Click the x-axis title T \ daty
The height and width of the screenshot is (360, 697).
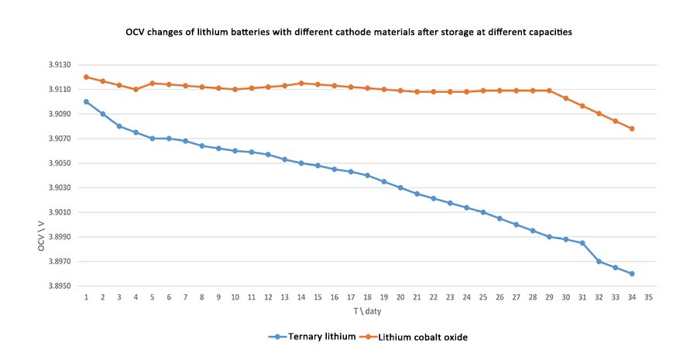click(x=367, y=311)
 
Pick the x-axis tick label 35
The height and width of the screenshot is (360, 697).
click(x=648, y=297)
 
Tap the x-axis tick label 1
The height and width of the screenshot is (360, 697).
click(x=86, y=297)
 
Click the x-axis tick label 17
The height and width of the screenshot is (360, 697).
click(x=351, y=297)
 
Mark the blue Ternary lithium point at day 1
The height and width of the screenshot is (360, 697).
click(x=86, y=101)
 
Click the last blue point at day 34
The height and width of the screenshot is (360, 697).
click(x=632, y=273)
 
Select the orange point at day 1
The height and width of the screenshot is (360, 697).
click(x=86, y=77)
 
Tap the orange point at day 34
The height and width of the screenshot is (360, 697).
click(x=632, y=129)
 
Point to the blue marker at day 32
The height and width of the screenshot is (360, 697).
click(x=599, y=261)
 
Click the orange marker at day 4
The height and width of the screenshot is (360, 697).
click(x=136, y=89)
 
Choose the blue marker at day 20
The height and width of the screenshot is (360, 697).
click(x=400, y=187)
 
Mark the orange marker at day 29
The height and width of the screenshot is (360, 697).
click(x=549, y=91)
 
